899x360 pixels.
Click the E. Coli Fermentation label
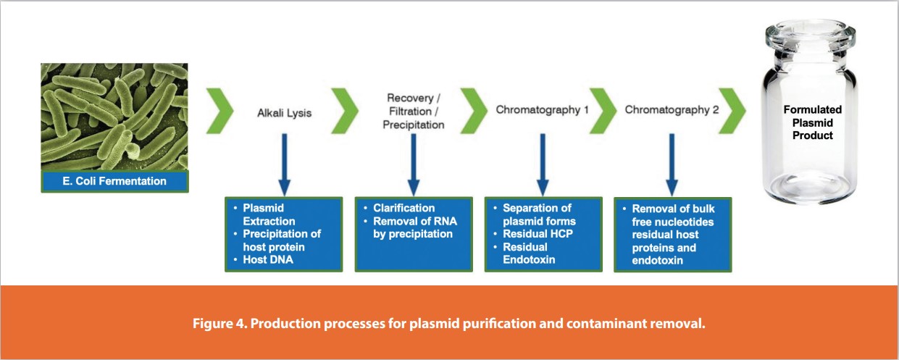114,181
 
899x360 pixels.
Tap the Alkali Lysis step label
284,113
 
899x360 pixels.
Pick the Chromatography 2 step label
666,110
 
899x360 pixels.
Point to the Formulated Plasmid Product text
812,122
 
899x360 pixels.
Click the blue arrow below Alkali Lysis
284,162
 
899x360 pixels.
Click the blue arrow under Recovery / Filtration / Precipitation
413,162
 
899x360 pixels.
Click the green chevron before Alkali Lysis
220,112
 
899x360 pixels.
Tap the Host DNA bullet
268,259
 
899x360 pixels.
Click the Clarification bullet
404,208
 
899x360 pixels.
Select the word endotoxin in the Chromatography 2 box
658,260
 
